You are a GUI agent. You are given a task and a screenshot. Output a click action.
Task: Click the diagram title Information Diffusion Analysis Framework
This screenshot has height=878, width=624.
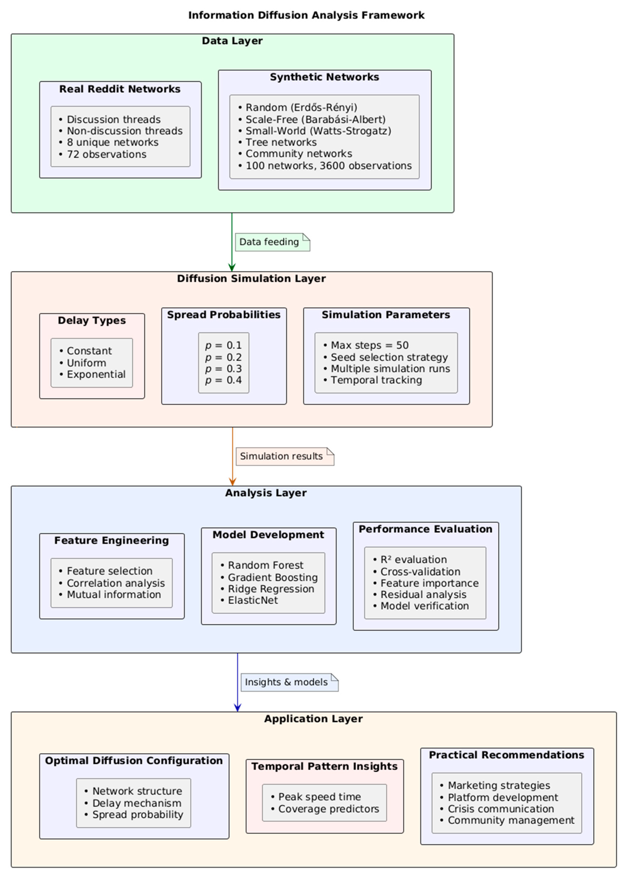pos(306,15)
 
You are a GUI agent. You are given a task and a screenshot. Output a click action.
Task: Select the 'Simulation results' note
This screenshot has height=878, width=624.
pos(281,456)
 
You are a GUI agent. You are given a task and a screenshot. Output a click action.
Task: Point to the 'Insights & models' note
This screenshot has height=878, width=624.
pos(286,682)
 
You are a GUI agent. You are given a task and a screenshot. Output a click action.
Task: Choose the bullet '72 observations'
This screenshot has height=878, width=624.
pos(106,155)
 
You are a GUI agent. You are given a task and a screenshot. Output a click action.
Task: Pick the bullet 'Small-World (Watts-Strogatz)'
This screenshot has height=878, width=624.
pos(318,131)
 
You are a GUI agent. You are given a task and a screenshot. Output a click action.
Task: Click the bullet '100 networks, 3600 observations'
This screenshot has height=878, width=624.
pos(328,166)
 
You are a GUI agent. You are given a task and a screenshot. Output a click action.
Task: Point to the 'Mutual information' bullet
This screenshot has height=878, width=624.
pos(114,594)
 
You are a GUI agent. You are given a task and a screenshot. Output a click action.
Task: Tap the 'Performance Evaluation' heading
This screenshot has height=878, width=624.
pos(425,529)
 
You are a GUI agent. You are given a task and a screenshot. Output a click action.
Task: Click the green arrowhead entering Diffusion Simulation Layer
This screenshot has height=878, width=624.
pos(232,268)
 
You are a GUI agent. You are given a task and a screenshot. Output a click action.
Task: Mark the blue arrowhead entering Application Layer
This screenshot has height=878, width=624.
pos(237,708)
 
